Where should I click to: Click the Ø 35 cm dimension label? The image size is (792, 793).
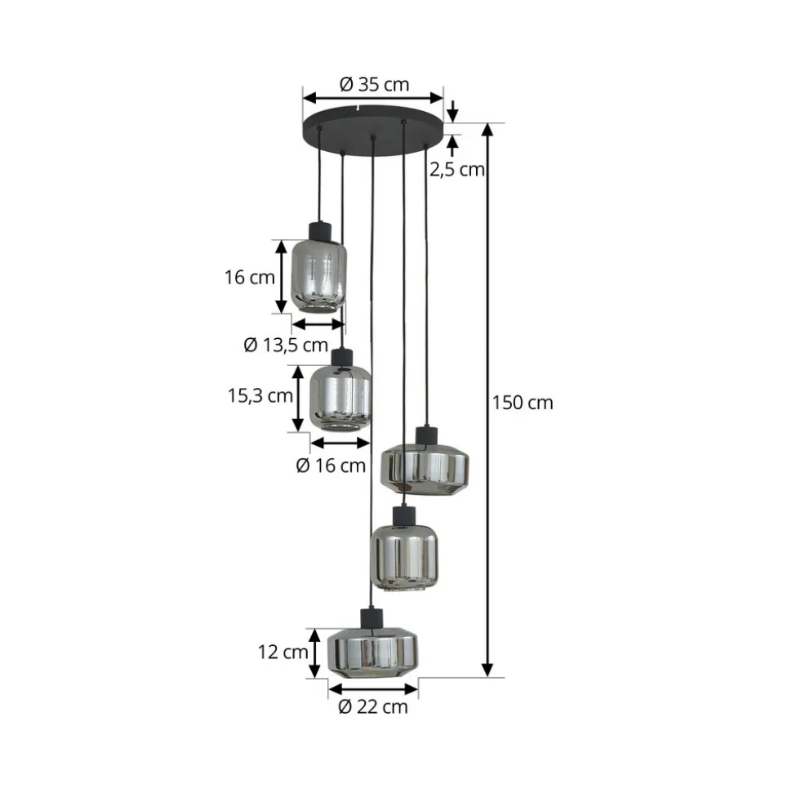(x=374, y=84)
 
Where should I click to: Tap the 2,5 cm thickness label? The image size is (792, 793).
(x=457, y=169)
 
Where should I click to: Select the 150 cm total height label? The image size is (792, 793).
(x=523, y=403)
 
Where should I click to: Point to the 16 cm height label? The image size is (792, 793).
(x=250, y=277)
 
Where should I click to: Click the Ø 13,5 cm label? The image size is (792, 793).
(x=286, y=345)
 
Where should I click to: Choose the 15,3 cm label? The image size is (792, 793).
(x=260, y=395)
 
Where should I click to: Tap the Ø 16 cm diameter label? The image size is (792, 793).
(x=331, y=466)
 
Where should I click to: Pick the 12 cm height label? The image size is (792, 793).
(x=283, y=652)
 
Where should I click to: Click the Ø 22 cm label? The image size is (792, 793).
(x=373, y=706)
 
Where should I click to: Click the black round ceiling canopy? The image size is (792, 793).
(x=373, y=131)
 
